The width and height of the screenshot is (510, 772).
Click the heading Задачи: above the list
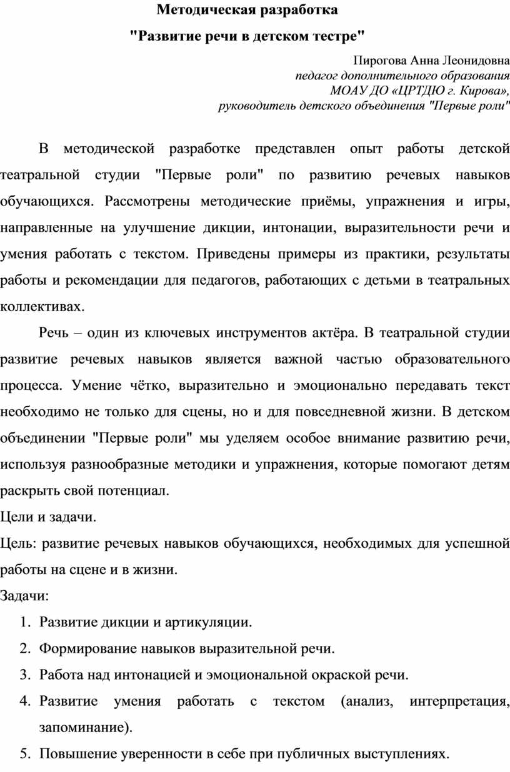(24, 596)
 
